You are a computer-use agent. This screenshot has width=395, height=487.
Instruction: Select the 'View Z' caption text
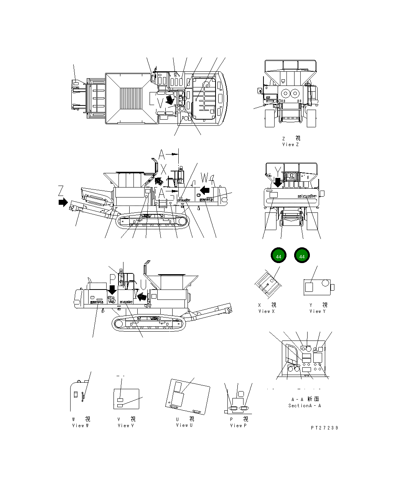click(x=290, y=145)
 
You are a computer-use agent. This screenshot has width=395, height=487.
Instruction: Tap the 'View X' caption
click(x=267, y=311)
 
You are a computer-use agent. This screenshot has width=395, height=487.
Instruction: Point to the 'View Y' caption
click(x=318, y=311)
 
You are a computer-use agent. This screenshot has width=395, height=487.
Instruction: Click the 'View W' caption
click(x=81, y=426)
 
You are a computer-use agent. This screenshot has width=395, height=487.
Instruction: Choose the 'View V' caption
click(x=126, y=426)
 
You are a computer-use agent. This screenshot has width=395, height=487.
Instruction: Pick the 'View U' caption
click(x=184, y=425)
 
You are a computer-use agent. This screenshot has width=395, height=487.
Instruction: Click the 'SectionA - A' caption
click(x=304, y=406)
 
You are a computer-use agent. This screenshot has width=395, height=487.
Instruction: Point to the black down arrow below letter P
click(x=112, y=290)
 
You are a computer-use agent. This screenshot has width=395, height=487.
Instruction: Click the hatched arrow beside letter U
click(x=142, y=296)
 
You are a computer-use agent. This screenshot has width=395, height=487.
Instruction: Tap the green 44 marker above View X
click(x=279, y=256)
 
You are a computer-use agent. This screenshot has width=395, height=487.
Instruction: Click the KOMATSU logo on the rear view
click(x=307, y=196)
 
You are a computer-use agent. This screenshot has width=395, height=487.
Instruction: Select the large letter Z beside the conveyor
click(x=61, y=190)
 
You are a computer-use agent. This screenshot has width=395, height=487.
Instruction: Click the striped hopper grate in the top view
click(x=131, y=99)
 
